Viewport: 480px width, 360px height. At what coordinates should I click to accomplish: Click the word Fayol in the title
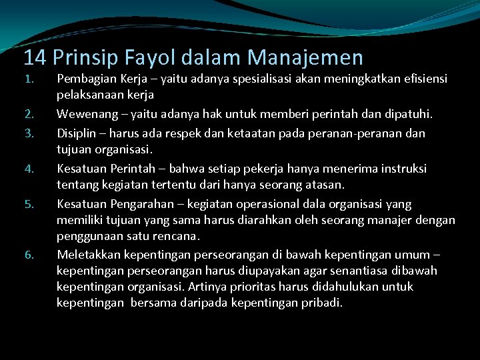coord(139,58)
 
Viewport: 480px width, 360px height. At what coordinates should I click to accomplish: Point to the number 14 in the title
coord(35,58)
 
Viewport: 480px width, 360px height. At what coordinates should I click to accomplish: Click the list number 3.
coord(29,132)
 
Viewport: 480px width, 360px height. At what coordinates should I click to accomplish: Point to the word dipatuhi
coord(409,115)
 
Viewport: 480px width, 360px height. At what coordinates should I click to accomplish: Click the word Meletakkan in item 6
coord(89,255)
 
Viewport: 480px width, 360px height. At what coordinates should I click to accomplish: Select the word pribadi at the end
coord(321,303)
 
